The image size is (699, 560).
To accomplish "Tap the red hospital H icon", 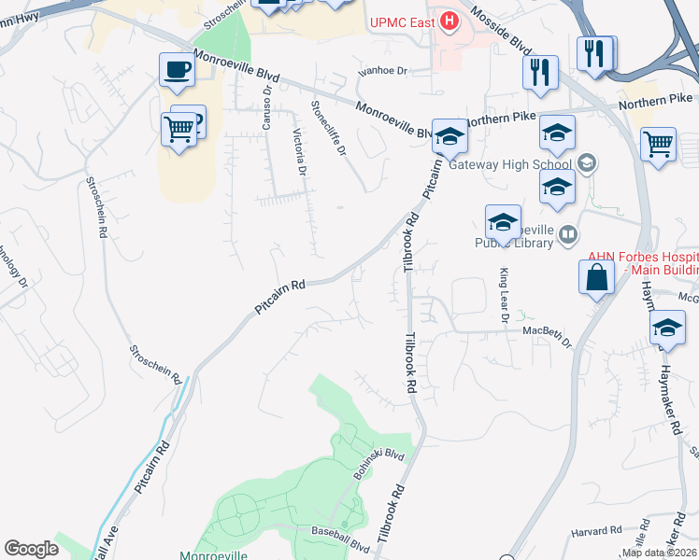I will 450,20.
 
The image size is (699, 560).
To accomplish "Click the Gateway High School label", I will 509,165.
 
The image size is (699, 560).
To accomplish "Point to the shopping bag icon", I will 596,277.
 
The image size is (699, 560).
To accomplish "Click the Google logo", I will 31,549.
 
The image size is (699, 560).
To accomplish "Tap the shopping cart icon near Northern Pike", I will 659,145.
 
